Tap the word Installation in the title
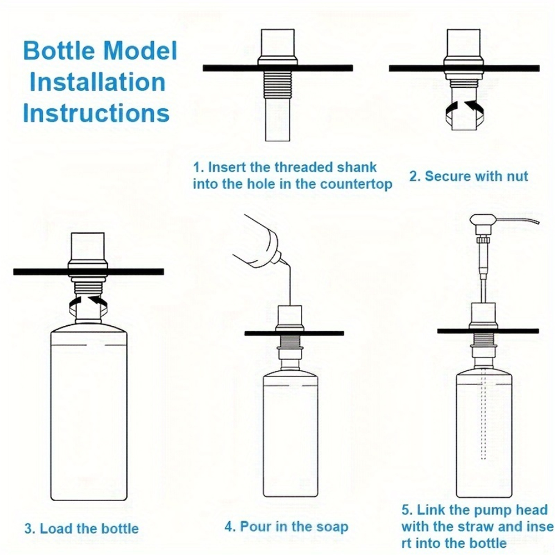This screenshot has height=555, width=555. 98,82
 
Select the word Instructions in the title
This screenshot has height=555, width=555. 96,113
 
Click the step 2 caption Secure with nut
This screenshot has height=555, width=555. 468,176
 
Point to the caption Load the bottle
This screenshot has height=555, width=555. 82,528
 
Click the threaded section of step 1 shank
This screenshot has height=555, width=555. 277,87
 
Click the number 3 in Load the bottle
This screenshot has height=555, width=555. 28,528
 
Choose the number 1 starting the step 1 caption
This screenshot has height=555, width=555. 196,168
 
